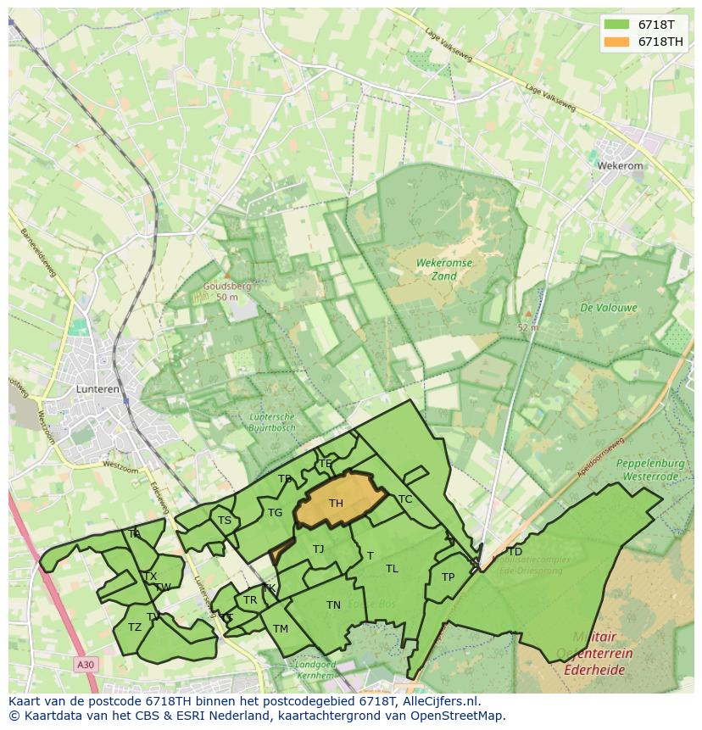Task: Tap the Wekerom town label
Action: coord(621,166)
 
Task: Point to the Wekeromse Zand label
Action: coord(443,270)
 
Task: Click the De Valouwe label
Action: coord(609,308)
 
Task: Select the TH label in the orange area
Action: coord(336,504)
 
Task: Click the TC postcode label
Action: coord(405,499)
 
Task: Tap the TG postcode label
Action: coord(275,513)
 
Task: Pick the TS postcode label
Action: coord(225,521)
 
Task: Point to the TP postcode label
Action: coord(448,577)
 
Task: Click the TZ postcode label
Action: coord(135,627)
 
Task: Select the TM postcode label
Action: coord(281,629)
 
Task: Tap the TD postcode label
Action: coord(515,552)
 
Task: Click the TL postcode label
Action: coord(392,569)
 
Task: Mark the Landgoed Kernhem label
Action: coord(315,670)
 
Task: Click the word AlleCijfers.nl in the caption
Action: coord(440,701)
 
